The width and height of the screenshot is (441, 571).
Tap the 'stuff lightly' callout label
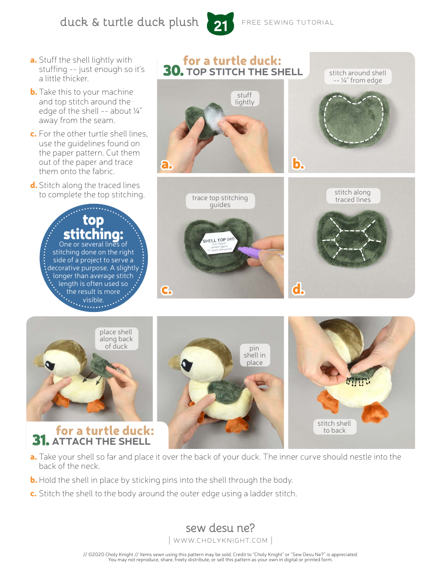(245, 98)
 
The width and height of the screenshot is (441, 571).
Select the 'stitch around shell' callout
(357, 77)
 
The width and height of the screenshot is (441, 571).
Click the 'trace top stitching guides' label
(220, 201)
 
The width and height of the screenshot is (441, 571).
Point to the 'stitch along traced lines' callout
(353, 196)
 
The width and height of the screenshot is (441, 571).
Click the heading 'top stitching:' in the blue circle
(93, 227)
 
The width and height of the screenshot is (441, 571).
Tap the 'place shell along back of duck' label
(116, 339)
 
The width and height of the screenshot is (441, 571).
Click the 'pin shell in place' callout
(254, 355)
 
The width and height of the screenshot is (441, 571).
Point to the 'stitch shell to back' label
(334, 427)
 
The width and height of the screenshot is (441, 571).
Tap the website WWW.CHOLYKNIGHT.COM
(220, 540)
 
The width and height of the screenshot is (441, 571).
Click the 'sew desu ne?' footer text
(220, 528)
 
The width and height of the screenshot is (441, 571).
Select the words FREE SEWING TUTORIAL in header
(288, 22)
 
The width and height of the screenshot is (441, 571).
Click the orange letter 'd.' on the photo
(298, 290)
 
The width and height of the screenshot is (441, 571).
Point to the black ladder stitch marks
(358, 381)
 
